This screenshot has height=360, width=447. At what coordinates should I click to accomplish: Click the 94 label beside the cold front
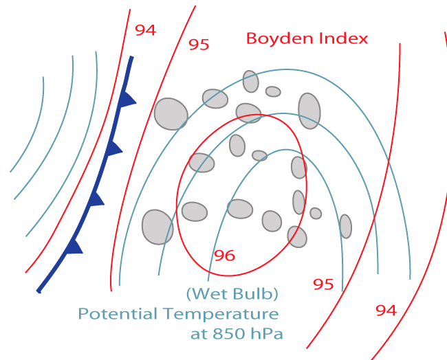tap(145, 30)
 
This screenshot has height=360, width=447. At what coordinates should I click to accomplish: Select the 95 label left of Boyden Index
tap(199, 45)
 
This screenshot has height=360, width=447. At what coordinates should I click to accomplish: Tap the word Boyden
tap(276, 38)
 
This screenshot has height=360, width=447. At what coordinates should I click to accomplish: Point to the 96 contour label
tap(224, 256)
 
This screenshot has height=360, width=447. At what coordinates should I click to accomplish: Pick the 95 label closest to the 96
tap(323, 284)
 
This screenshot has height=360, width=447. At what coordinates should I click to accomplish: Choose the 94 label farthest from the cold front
tap(386, 311)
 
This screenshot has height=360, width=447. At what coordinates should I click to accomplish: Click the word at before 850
tap(199, 335)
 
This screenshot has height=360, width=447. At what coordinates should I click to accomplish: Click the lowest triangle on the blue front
tap(74, 246)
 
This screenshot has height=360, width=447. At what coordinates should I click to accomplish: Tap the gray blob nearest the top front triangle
tap(171, 113)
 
